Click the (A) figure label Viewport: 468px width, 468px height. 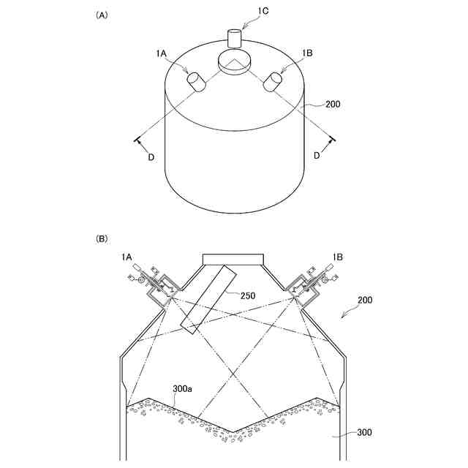(102, 15)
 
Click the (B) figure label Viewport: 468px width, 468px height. (102, 238)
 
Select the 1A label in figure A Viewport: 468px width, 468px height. (162, 53)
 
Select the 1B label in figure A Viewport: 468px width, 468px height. (308, 53)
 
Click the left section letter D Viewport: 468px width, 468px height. (151, 156)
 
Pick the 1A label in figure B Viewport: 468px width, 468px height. (127, 257)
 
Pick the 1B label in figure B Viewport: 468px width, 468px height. (338, 257)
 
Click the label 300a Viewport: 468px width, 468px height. (182, 389)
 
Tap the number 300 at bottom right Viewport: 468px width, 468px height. (363, 432)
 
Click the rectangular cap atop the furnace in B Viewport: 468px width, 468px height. (233, 257)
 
